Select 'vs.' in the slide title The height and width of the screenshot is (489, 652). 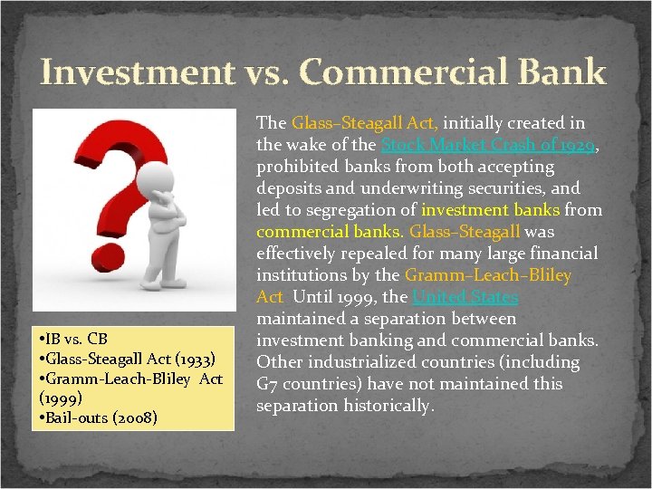[x=261, y=72]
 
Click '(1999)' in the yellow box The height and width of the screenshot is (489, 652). [x=61, y=398]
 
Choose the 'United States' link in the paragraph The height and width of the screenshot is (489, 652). [x=465, y=297]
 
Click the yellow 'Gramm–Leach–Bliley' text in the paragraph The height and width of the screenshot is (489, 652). [x=488, y=275]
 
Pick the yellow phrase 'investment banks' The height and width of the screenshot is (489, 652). [x=490, y=210]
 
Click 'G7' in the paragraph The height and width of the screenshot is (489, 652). [x=266, y=384]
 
